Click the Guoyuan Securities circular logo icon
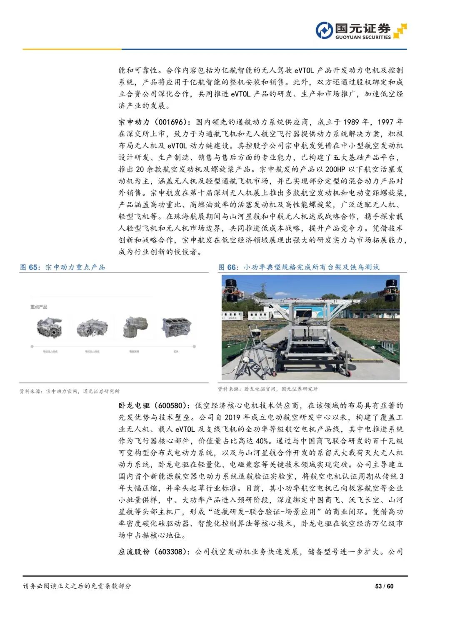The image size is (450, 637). click(x=324, y=30)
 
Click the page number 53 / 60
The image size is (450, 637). click(x=384, y=586)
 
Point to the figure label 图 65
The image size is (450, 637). click(x=30, y=267)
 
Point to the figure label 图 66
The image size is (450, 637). click(x=228, y=267)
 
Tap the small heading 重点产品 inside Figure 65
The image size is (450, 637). click(x=39, y=307)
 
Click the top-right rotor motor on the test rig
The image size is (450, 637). click(x=390, y=289)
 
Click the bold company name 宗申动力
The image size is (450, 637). click(x=134, y=122)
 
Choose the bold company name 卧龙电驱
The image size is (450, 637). click(x=134, y=405)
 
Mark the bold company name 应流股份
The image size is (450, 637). click(x=134, y=552)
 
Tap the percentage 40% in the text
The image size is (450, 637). click(x=262, y=441)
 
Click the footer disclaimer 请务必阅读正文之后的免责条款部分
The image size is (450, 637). click(x=77, y=586)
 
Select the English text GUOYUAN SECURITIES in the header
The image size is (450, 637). click(x=363, y=37)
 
